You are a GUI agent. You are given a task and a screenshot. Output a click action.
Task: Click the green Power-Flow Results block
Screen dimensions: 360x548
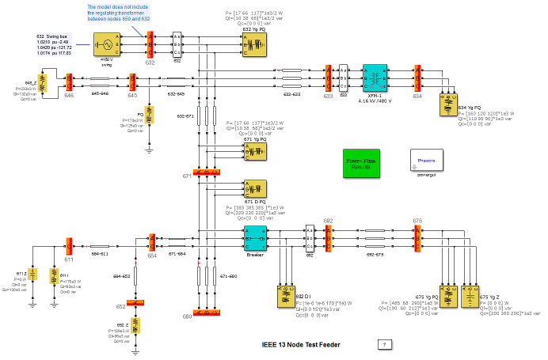(x=360, y=165)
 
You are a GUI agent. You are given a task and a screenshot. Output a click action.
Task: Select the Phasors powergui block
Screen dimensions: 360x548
(x=427, y=160)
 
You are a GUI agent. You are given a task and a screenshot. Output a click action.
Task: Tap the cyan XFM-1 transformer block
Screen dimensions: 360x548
(x=374, y=79)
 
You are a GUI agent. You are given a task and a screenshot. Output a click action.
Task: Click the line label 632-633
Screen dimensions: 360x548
(x=291, y=93)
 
